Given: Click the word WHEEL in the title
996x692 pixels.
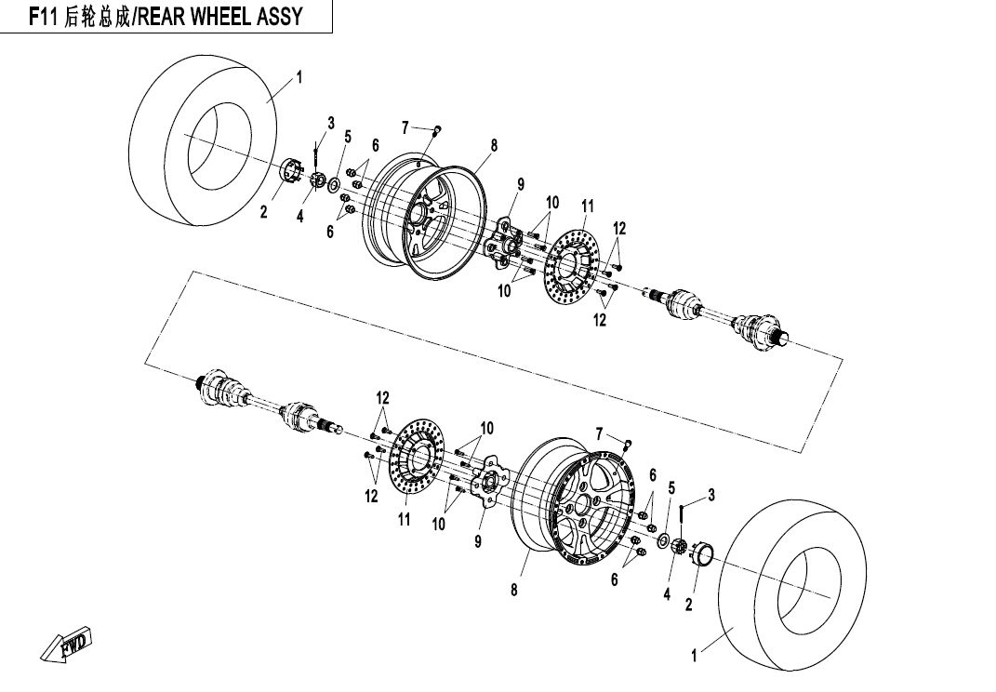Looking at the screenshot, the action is pyautogui.click(x=219, y=17).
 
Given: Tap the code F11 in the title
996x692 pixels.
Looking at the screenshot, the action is pyautogui.click(x=44, y=17).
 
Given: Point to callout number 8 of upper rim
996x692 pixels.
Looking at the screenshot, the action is pyautogui.click(x=494, y=145).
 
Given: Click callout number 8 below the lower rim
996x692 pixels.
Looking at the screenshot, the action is pyautogui.click(x=514, y=590).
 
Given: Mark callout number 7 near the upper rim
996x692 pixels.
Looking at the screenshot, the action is pyautogui.click(x=405, y=127).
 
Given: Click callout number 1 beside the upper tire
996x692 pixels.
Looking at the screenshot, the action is pyautogui.click(x=299, y=77).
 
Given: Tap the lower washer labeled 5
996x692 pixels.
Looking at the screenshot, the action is pyautogui.click(x=662, y=540).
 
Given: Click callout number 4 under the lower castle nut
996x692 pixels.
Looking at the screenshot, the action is pyautogui.click(x=667, y=594).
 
